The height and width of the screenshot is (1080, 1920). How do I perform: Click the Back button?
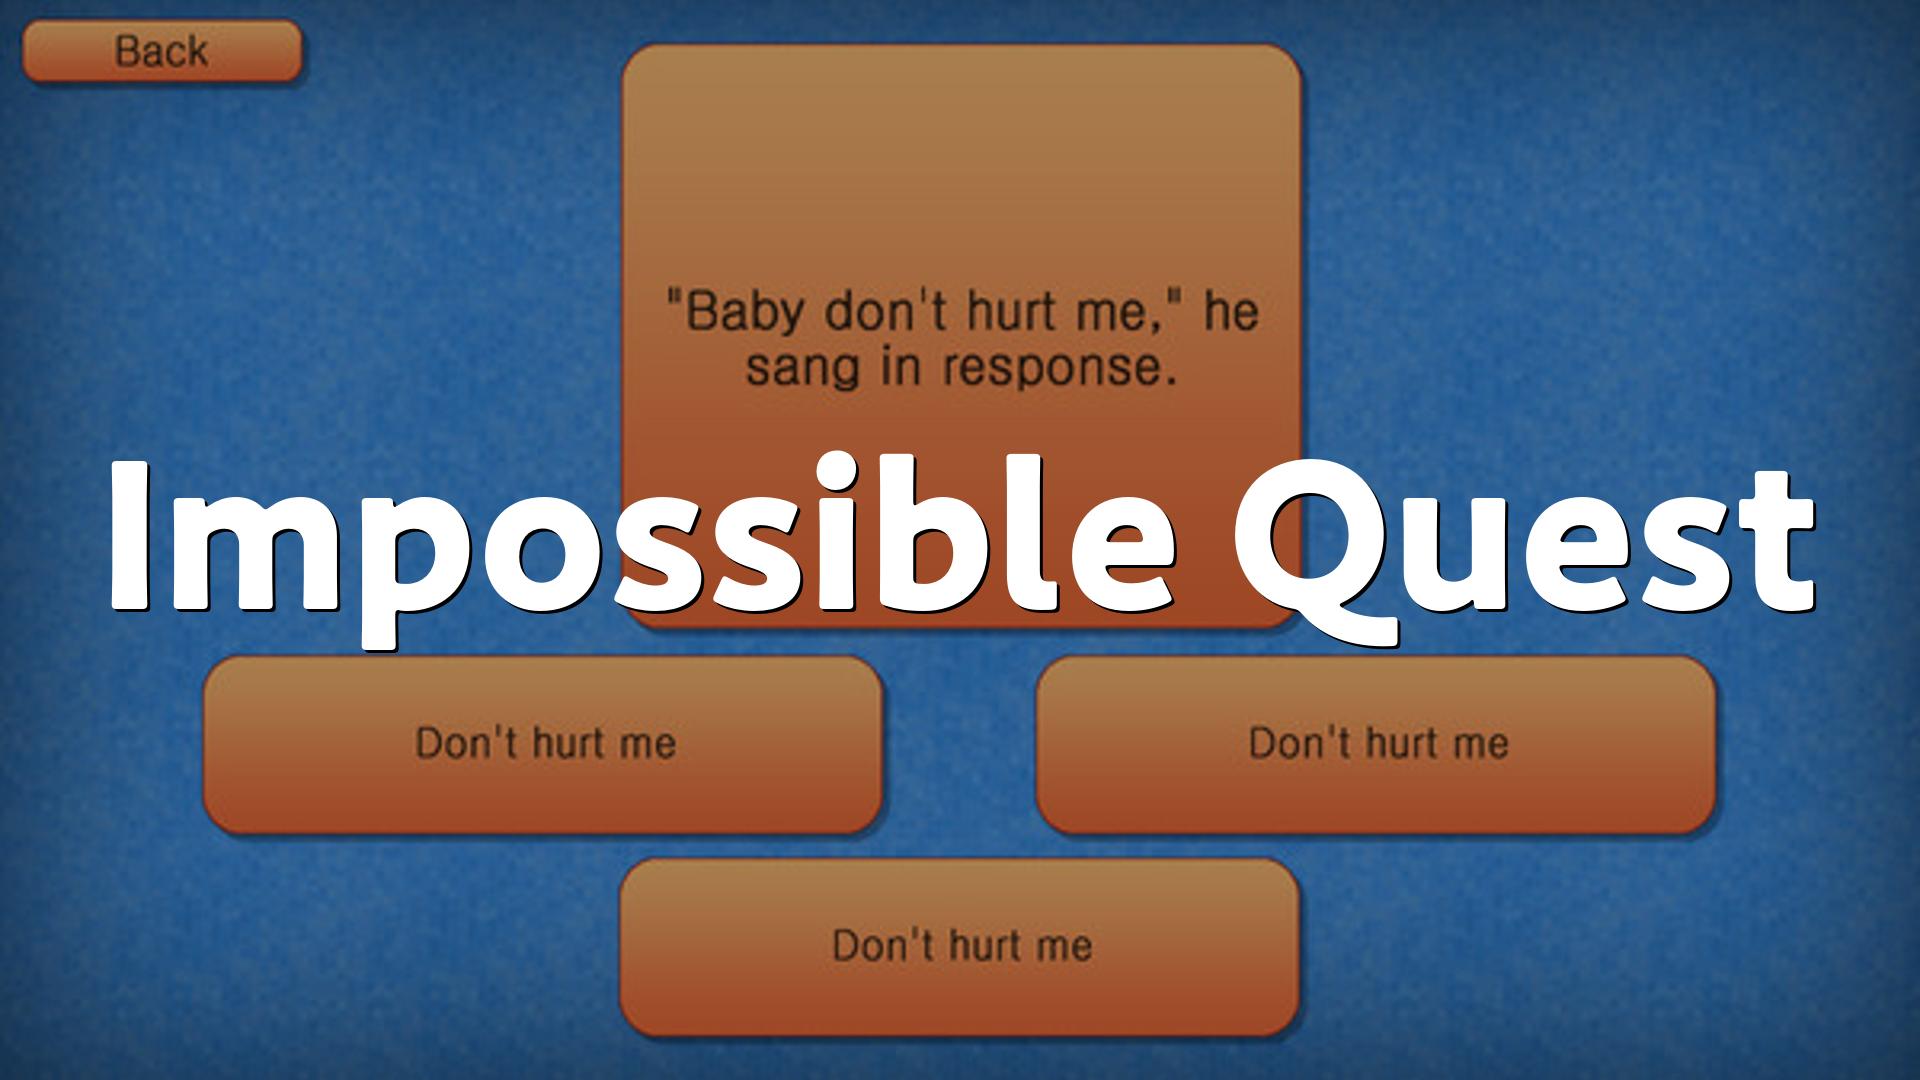[x=161, y=51]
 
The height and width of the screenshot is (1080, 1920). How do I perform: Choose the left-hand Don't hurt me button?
[x=543, y=744]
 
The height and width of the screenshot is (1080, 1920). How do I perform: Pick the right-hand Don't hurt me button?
[x=1376, y=744]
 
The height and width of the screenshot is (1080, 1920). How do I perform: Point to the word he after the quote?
[x=1231, y=312]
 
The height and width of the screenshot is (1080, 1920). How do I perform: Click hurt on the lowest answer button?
[x=991, y=945]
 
